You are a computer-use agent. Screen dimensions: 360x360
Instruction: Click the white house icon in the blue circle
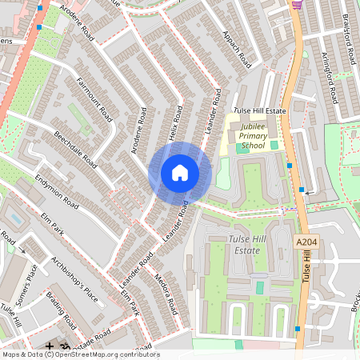[180, 173]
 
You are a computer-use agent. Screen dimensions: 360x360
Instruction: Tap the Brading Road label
[62, 313]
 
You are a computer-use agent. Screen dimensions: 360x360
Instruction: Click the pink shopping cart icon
[297, 4]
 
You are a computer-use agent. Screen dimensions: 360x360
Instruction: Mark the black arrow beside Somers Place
[22, 250]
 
